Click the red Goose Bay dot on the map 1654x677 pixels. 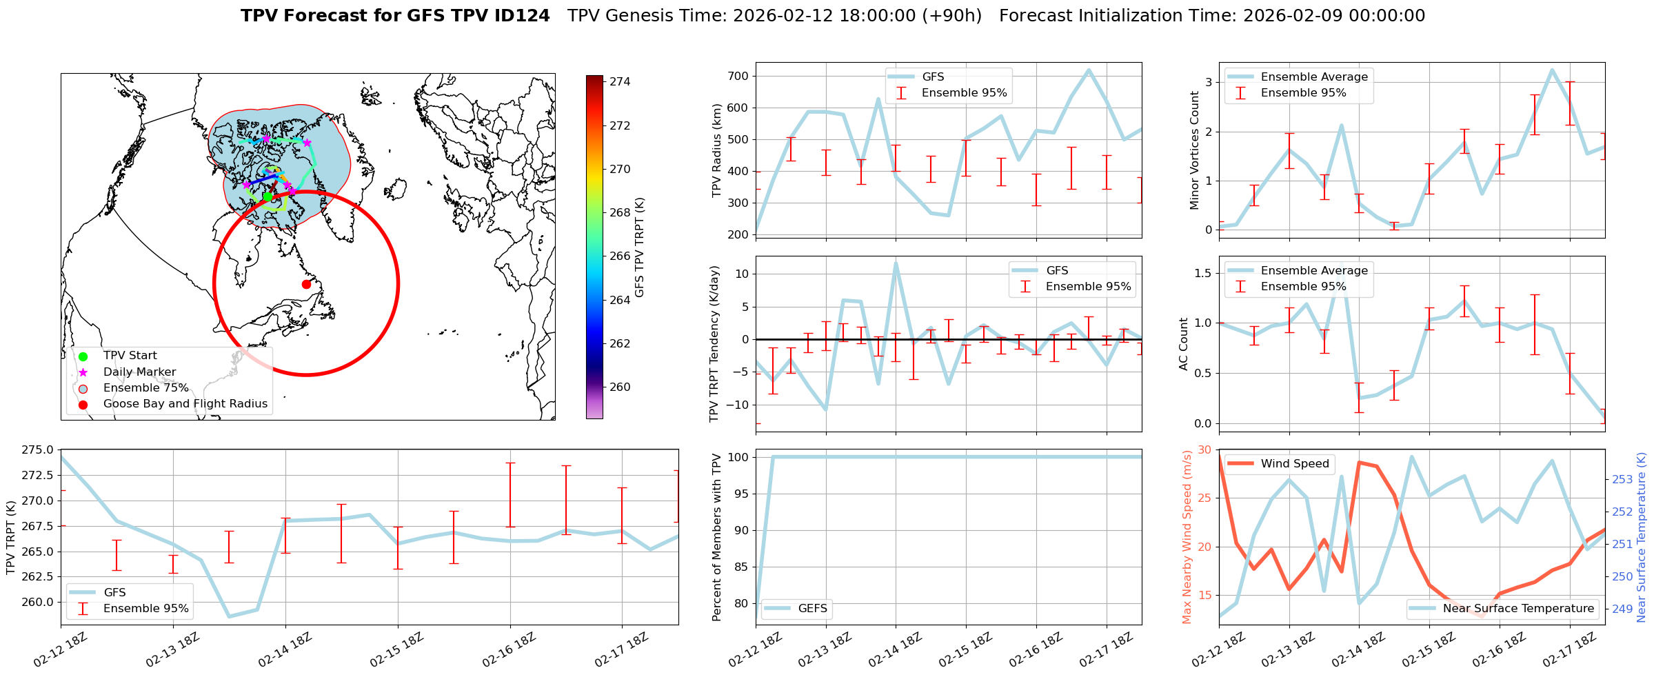[x=306, y=284]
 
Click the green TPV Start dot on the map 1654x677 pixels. [x=268, y=196]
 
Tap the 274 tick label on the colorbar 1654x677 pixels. [x=620, y=82]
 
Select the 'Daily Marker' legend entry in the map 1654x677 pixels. [x=139, y=372]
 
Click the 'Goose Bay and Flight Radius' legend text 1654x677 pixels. [x=185, y=404]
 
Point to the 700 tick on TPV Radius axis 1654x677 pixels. [x=738, y=77]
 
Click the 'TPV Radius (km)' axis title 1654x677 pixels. [x=716, y=150]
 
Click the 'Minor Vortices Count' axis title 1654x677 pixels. [x=1194, y=150]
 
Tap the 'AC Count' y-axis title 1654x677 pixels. [x=1184, y=344]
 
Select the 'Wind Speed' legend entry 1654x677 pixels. [x=1294, y=464]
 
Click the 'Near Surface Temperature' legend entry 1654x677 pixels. [x=1518, y=609]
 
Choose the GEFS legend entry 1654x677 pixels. [x=812, y=609]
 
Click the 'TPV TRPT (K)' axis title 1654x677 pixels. [x=10, y=538]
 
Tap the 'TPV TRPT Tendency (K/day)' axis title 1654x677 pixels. [x=714, y=344]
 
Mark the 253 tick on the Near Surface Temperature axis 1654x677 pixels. [x=1622, y=480]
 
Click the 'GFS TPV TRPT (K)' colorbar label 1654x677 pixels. [x=640, y=247]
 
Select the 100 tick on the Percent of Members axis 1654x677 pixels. [x=739, y=457]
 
